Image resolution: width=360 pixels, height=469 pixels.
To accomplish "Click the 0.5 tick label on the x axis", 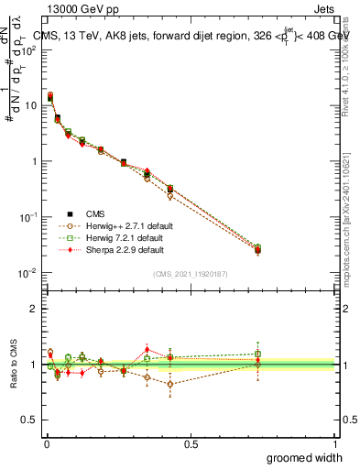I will point(191,444).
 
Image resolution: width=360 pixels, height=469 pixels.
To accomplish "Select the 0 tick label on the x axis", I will point(47,444).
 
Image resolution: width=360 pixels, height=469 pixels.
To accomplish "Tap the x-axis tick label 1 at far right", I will point(334,444).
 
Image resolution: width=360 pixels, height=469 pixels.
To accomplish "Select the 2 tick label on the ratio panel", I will point(34,309).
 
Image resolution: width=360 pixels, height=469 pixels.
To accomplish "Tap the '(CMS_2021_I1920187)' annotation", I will point(190,274).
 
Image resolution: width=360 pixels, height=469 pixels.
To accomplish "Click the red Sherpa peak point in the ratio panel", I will point(147,349).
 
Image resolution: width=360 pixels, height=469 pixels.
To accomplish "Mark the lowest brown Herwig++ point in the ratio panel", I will point(170,384).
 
